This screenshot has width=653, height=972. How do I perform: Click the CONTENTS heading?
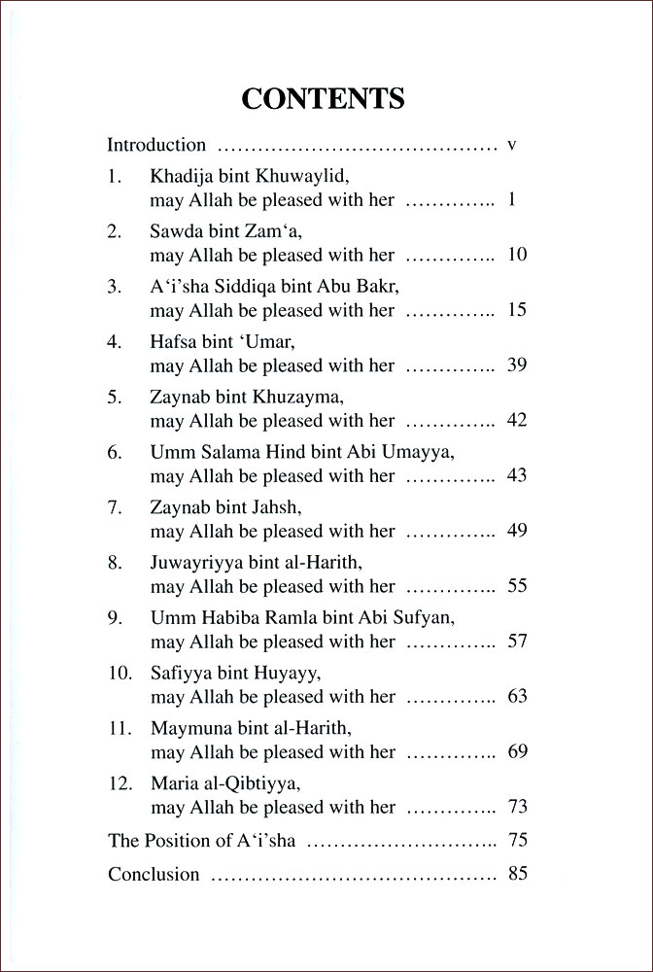pos(324,99)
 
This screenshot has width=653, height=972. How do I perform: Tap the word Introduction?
pos(156,146)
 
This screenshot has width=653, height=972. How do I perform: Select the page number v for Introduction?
pos(511,146)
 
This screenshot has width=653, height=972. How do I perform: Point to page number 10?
pos(516,256)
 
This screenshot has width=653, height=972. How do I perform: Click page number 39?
pos(516,366)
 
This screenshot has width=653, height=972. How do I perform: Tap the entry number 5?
pos(115,399)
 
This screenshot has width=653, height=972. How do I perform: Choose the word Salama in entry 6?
pos(223,454)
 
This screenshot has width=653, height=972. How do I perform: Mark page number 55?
pos(516,587)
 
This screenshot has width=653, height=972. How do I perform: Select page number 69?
pos(516,752)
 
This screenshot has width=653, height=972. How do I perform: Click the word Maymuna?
pos(189,730)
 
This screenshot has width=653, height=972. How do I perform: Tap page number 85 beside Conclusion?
pos(516,873)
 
